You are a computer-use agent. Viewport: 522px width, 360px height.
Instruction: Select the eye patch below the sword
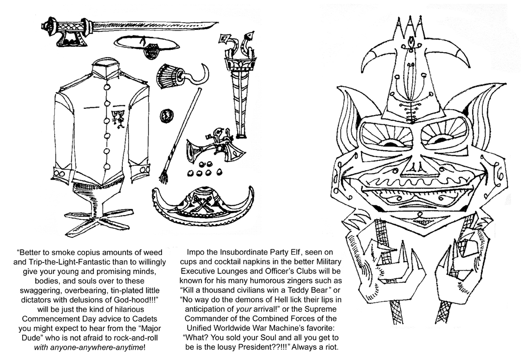154,48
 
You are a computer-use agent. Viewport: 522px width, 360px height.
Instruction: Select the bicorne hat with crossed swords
203,205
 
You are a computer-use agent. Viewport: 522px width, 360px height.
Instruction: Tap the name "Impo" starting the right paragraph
195,253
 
